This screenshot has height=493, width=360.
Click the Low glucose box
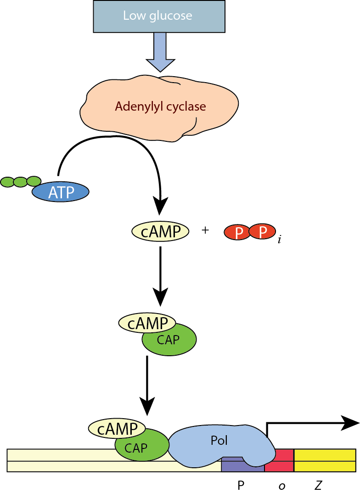(159, 17)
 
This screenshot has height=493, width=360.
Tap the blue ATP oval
(60, 192)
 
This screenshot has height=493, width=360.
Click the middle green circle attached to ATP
(21, 182)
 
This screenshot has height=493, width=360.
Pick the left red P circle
(238, 233)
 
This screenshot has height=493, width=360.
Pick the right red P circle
(263, 231)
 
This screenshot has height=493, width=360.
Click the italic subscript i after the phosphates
(279, 239)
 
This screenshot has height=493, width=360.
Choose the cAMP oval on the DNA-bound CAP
(117, 429)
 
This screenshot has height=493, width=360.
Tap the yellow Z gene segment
(325, 460)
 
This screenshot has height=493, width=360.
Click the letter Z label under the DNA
(318, 485)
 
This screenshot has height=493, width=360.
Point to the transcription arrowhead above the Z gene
(350, 423)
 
